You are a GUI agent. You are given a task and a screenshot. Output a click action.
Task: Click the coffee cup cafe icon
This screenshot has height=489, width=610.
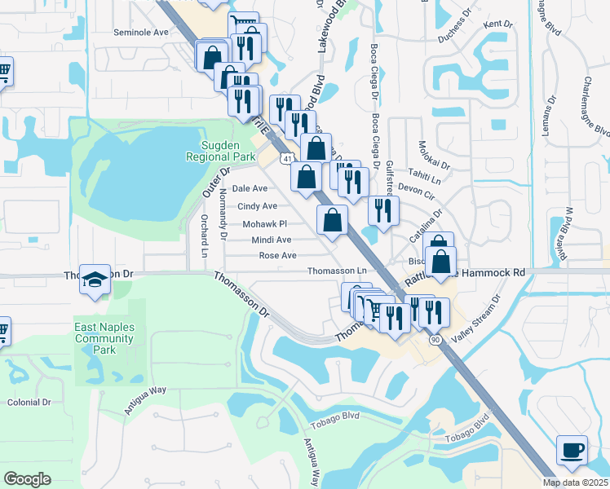click(x=571, y=451)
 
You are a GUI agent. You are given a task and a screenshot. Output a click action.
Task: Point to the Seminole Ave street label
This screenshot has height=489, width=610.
click(x=140, y=33)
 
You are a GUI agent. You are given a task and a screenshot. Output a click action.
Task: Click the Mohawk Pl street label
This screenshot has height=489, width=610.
click(x=265, y=223)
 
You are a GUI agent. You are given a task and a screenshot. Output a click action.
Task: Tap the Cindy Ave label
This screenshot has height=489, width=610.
click(x=258, y=206)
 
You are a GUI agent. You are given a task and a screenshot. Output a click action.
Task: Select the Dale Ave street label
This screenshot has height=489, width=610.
click(x=250, y=188)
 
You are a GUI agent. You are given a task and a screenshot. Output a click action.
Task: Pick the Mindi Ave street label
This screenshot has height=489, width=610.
click(x=272, y=240)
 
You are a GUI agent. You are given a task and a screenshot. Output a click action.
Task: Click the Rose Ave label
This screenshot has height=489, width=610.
click(x=277, y=255)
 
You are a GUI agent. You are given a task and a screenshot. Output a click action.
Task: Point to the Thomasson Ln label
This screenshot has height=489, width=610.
click(x=337, y=271)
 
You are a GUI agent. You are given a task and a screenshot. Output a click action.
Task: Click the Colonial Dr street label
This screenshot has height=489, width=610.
click(x=29, y=403)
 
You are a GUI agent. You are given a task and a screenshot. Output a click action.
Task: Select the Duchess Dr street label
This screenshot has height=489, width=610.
click(x=455, y=25)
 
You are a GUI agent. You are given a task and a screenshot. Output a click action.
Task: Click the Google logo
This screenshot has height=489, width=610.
click(x=27, y=479)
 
